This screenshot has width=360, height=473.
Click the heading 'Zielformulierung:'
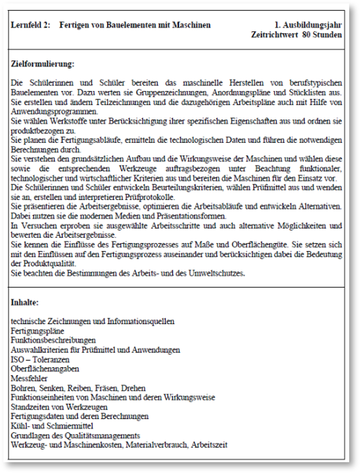coord(43,64)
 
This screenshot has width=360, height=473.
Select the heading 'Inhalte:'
coord(25,303)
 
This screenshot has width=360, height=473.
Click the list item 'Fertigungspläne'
coord(38,331)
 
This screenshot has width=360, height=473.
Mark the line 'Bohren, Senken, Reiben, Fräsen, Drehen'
coord(78,388)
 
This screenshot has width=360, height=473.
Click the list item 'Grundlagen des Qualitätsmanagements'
coord(75,435)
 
